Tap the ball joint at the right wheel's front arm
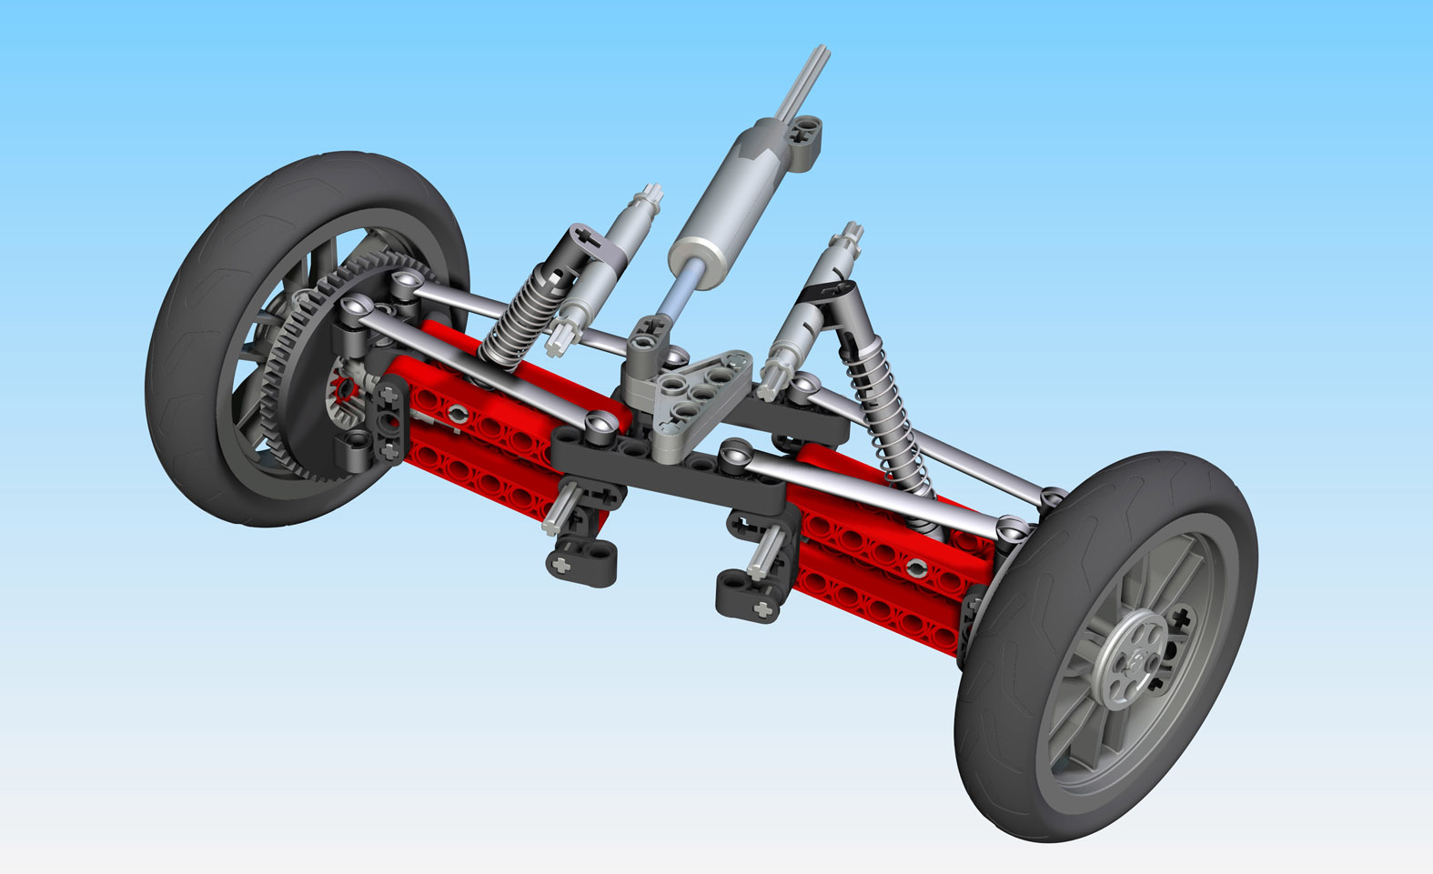pyautogui.click(x=1010, y=527)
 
